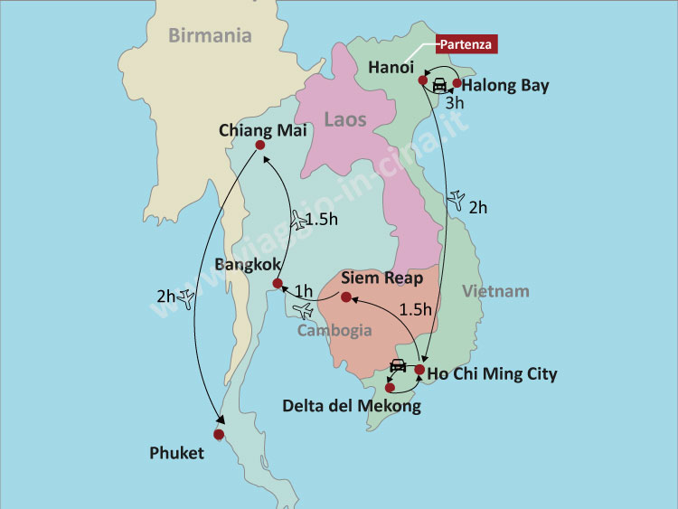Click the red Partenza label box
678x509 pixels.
[466, 43]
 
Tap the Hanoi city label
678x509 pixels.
[391, 67]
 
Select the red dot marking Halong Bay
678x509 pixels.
[457, 83]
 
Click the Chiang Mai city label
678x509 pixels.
[263, 130]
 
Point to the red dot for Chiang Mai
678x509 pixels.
[260, 146]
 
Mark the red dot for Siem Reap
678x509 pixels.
[345, 297]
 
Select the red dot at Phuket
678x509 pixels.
[218, 435]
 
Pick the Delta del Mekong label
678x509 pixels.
[352, 406]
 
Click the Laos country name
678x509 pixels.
[345, 119]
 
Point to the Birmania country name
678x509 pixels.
[210, 36]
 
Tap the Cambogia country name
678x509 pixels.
[334, 330]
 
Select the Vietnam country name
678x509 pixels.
[495, 291]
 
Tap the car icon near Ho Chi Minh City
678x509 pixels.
[397, 365]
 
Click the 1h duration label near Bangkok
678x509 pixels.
[304, 291]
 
